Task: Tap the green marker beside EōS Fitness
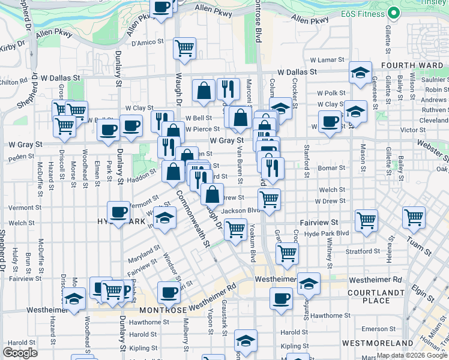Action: coord(394,12)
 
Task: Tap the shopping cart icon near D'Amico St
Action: coord(185,47)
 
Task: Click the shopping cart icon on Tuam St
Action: coord(414,217)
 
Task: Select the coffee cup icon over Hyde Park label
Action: coord(119,212)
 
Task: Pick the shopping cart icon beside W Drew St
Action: coord(269,199)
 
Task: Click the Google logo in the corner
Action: coord(20,353)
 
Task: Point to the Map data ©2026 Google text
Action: coord(412,355)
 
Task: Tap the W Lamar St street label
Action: coord(325,60)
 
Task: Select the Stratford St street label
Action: coord(363,251)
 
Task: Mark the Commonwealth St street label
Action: coord(192,219)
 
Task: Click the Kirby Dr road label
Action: coord(13,46)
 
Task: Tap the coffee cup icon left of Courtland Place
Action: coord(280,298)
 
